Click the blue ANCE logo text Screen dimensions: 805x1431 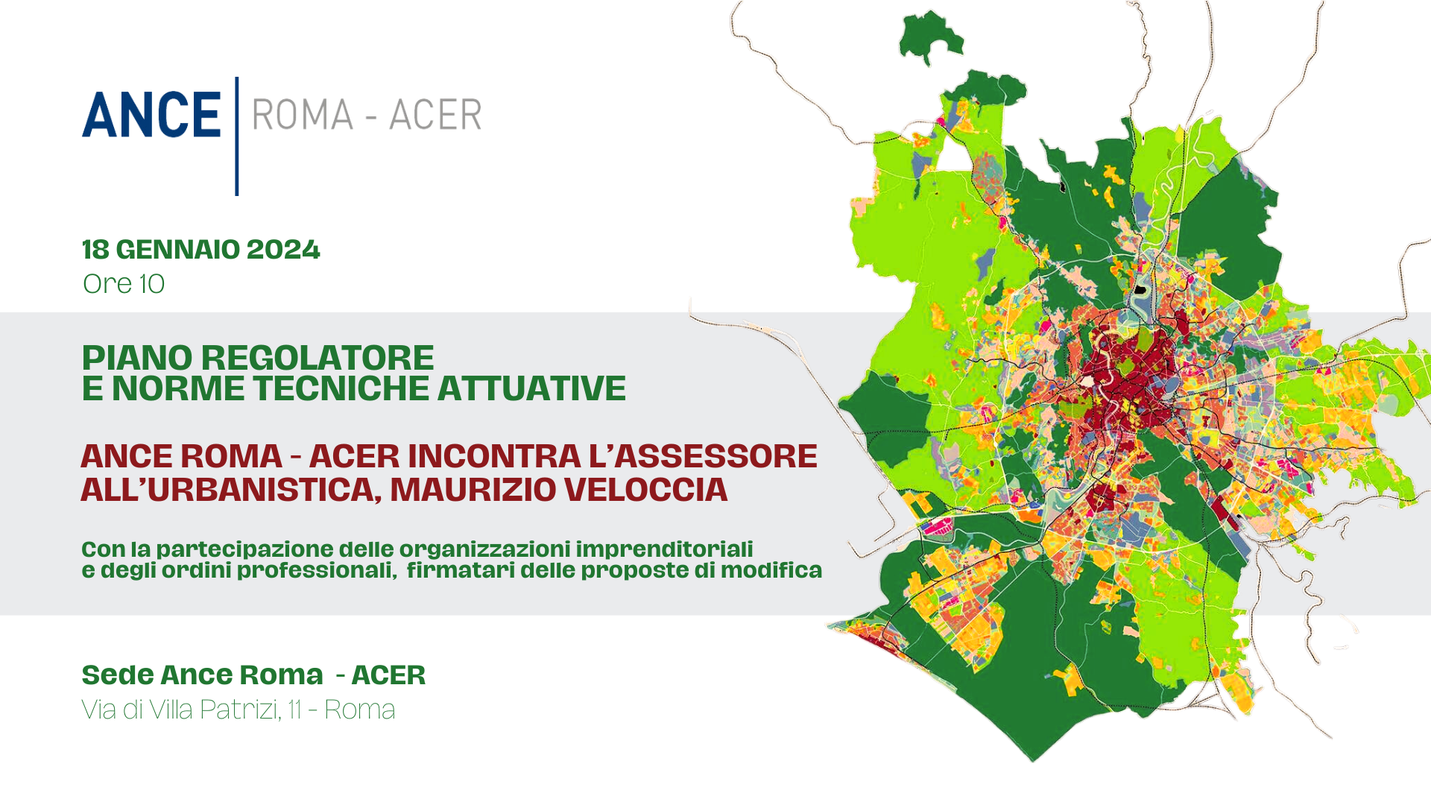151,115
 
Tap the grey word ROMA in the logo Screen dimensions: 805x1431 303,115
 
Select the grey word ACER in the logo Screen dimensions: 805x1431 435,115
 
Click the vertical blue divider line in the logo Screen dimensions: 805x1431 237,136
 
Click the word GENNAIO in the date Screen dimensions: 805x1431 178,250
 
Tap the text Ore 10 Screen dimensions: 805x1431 124,284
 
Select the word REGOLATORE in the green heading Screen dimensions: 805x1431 318,359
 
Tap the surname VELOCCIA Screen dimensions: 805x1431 645,490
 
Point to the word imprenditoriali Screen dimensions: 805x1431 664,549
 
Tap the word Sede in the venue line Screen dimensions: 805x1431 117,675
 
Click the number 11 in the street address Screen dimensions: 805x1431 294,710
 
